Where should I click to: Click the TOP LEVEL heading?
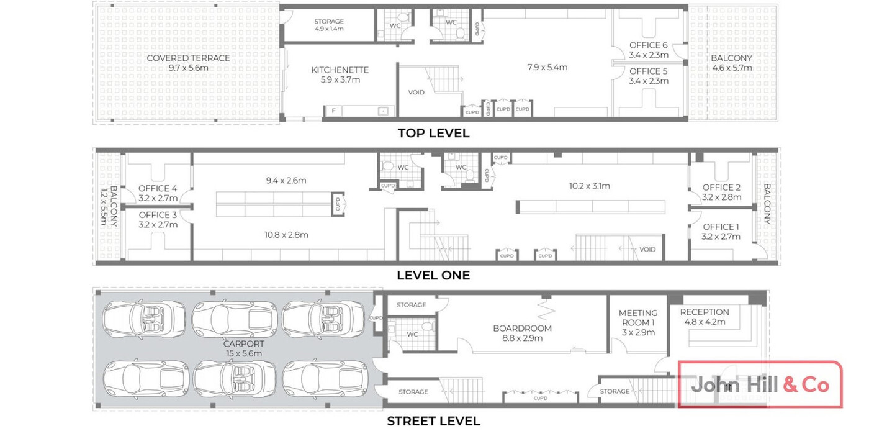coord(433,133)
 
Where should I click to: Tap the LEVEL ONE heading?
coord(433,275)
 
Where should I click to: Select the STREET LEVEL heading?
coord(433,421)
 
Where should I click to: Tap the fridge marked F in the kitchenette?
coord(334,111)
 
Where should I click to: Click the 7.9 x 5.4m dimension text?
coord(547,67)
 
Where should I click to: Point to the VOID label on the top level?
coord(416,93)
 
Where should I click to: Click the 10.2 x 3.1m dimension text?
coord(589,186)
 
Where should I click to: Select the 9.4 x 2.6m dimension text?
coord(286,181)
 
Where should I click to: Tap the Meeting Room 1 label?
coord(638,323)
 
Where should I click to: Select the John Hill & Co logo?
coord(760,384)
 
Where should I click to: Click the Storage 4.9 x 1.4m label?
coord(329,25)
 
